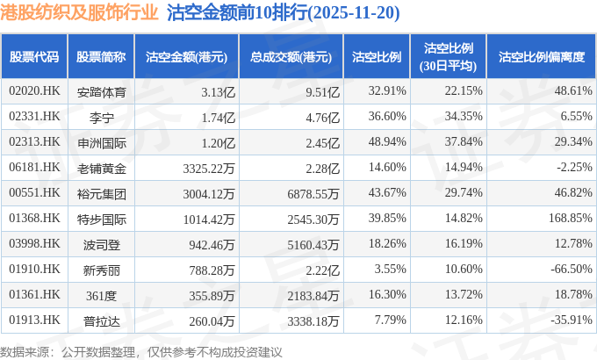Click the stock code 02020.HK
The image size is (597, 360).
point(34,90)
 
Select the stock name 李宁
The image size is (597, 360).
point(101,116)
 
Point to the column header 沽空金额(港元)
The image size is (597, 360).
point(186,57)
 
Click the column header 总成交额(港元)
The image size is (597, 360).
point(290,57)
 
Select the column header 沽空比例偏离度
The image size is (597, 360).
point(541,57)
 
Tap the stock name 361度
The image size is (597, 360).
point(101,294)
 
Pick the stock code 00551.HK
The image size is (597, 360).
point(34,192)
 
